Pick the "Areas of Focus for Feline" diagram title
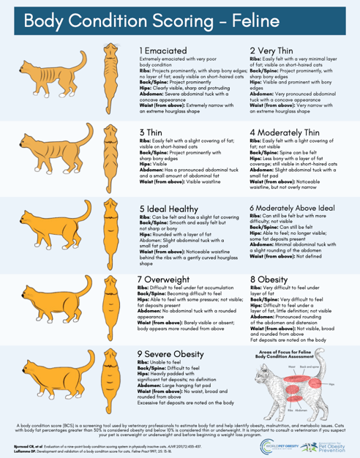(290, 353)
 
